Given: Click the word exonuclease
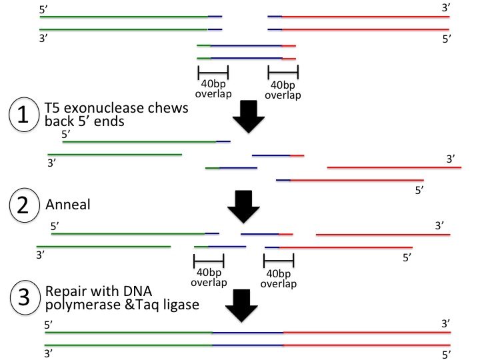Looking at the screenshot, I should [97, 108].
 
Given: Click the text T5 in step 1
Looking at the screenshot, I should [52, 108].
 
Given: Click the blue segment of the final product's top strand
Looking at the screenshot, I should [247, 332].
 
